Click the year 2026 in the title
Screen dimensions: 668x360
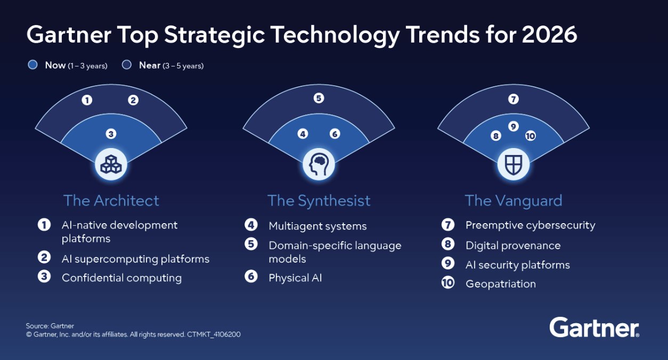pyautogui.click(x=550, y=35)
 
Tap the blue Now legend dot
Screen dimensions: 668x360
pyautogui.click(x=32, y=64)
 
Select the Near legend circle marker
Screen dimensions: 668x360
pyautogui.click(x=126, y=64)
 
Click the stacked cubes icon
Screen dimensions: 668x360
pyautogui.click(x=111, y=164)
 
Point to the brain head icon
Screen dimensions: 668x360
pyautogui.click(x=319, y=164)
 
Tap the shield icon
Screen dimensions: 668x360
pyautogui.click(x=513, y=165)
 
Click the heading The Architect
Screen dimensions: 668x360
pyautogui.click(x=111, y=201)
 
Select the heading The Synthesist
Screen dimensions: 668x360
pyautogui.click(x=319, y=201)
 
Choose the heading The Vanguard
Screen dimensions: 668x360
pyautogui.click(x=514, y=201)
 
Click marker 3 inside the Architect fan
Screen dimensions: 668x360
pyautogui.click(x=111, y=134)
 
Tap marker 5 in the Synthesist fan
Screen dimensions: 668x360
pyautogui.click(x=319, y=98)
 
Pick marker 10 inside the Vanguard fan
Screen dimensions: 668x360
pyautogui.click(x=531, y=136)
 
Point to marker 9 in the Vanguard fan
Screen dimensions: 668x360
pyautogui.click(x=513, y=126)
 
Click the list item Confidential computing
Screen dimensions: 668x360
pyautogui.click(x=121, y=278)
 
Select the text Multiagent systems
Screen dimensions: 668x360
pyautogui.click(x=317, y=226)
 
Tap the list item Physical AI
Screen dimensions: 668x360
pyautogui.click(x=295, y=278)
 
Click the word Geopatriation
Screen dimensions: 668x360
pyautogui.click(x=501, y=284)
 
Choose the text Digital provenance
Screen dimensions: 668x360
pyautogui.click(x=513, y=246)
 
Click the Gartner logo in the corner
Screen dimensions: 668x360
pyautogui.click(x=594, y=327)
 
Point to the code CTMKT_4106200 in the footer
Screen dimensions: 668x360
pyautogui.click(x=214, y=334)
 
